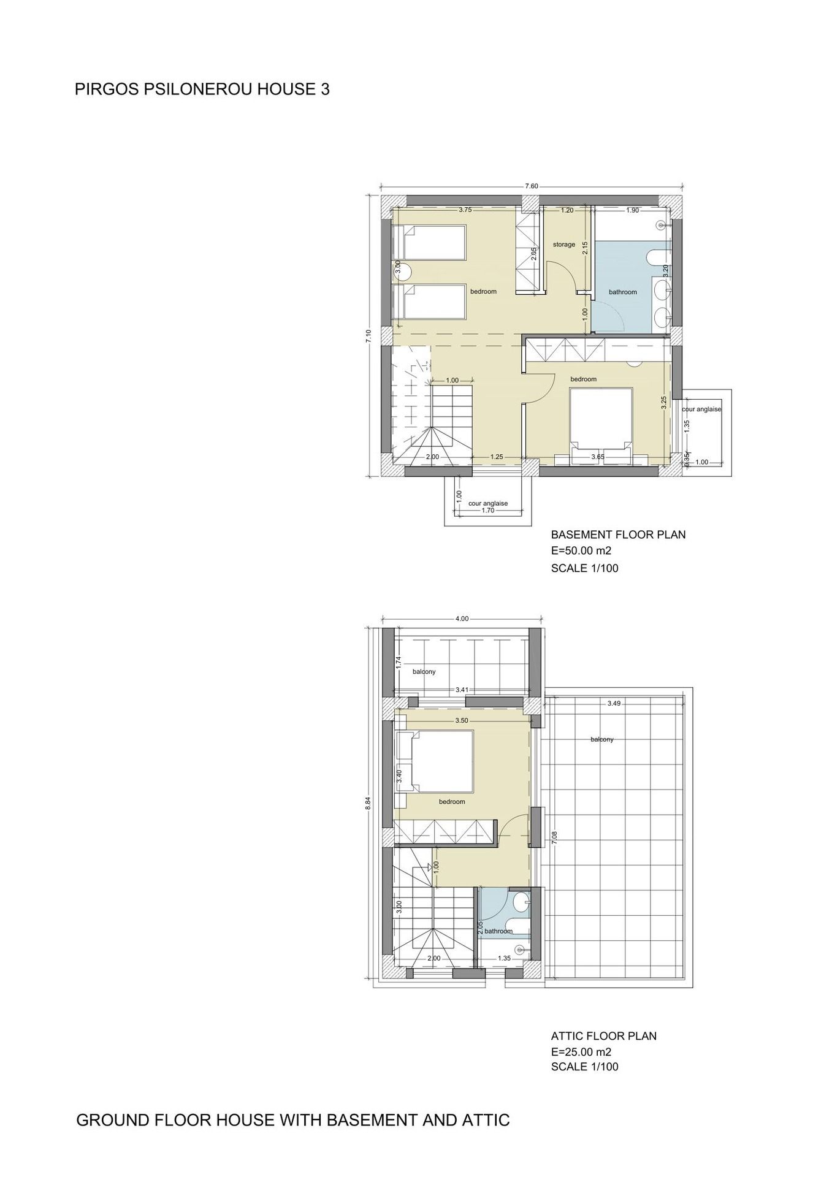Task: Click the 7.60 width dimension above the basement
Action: coord(532,186)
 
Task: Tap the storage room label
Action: coord(564,245)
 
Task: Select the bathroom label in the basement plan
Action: coord(623,292)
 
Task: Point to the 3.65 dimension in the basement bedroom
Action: coord(598,457)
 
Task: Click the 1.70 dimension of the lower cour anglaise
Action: coord(488,510)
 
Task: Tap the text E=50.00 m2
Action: coord(581,550)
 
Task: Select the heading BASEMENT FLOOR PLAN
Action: coord(618,535)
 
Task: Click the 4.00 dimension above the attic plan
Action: coord(462,619)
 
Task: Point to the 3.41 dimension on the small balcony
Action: coord(462,690)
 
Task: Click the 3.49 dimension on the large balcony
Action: coord(614,704)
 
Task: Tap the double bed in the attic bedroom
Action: coord(436,761)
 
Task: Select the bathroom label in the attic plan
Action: coord(498,931)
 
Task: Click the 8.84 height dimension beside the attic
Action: coord(368,803)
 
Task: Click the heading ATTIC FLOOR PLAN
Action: coord(604,1036)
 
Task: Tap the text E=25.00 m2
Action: coord(581,1052)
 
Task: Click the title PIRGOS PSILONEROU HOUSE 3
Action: coord(202,90)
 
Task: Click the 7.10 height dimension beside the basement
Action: coord(368,337)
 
